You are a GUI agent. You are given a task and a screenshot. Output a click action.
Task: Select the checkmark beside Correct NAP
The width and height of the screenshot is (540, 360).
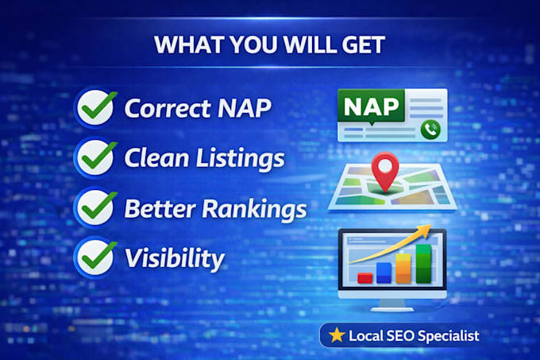(x=96, y=107)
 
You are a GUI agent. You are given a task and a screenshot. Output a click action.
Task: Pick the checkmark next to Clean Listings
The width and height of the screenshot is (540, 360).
(x=96, y=157)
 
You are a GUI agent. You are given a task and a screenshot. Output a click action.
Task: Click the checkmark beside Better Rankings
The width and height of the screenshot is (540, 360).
(x=96, y=207)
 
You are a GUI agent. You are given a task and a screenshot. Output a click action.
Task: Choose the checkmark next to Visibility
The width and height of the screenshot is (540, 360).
(x=96, y=257)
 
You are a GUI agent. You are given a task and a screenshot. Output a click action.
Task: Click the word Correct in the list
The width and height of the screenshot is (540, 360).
(x=168, y=108)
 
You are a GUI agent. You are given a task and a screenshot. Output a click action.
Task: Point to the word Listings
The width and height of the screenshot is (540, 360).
(x=241, y=158)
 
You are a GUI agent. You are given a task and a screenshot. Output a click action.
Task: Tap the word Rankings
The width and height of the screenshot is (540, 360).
(x=254, y=209)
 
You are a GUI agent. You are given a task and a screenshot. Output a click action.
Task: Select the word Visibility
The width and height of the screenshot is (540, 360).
(x=175, y=259)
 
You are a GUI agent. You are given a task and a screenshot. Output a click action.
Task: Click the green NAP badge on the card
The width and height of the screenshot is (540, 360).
(x=372, y=106)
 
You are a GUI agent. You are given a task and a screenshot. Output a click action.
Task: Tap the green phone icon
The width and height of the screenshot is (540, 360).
(x=430, y=130)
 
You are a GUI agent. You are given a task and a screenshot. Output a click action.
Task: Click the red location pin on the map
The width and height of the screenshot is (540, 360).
(x=385, y=171)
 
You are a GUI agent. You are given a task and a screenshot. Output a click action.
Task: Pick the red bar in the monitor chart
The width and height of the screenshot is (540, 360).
(x=365, y=278)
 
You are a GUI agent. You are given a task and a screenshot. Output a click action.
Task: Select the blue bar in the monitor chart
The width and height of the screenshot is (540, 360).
(x=384, y=273)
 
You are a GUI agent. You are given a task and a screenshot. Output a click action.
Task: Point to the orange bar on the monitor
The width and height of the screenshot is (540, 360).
(x=403, y=269)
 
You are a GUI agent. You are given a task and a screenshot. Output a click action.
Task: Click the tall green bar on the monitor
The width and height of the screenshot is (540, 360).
(x=423, y=264)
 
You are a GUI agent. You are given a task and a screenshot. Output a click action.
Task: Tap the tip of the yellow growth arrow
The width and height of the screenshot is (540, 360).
(x=431, y=225)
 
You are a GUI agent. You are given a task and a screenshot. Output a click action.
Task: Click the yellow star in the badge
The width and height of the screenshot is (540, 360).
(x=337, y=335)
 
